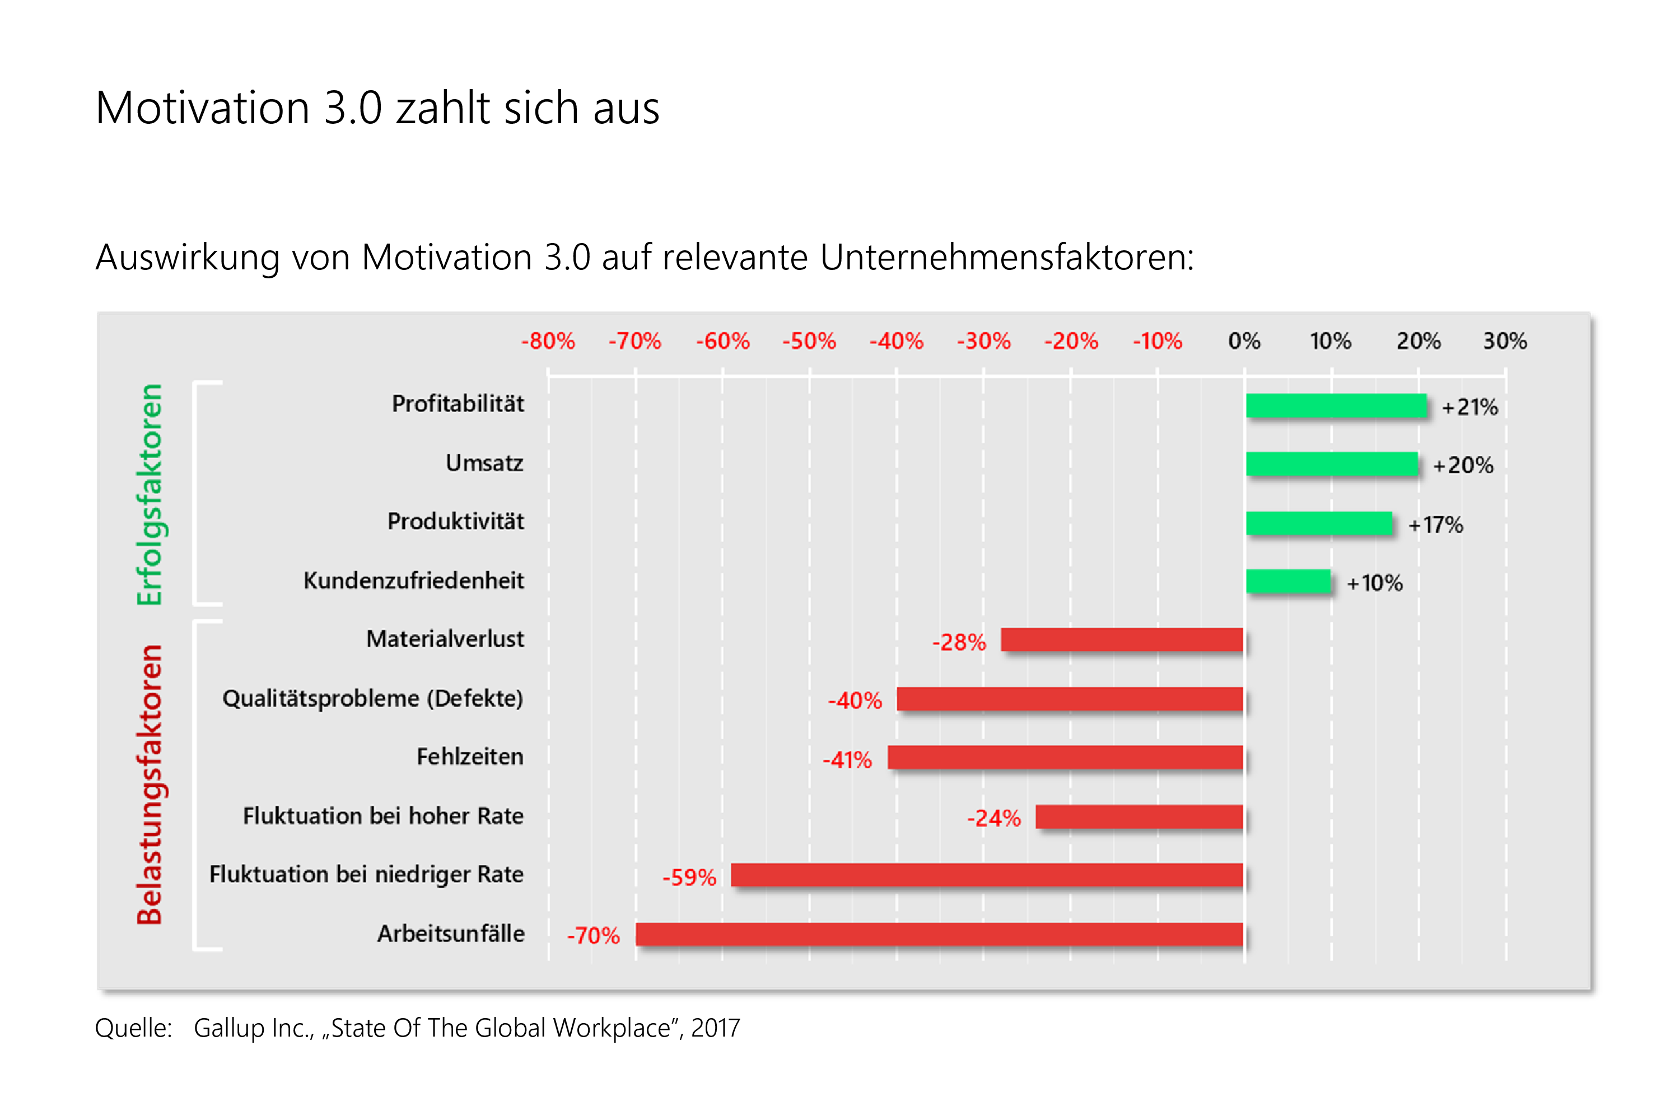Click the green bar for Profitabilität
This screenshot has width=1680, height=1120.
click(x=1336, y=405)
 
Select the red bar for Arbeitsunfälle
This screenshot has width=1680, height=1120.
click(x=939, y=934)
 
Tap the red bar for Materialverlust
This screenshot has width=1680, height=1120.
click(x=1122, y=640)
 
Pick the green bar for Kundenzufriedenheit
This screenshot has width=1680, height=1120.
click(x=1288, y=581)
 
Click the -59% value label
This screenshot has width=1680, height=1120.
click(x=689, y=877)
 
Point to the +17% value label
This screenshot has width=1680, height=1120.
click(x=1436, y=525)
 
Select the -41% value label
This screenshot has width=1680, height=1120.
click(x=847, y=759)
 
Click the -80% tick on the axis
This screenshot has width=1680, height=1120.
click(x=548, y=340)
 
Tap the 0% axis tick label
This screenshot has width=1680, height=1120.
click(x=1244, y=340)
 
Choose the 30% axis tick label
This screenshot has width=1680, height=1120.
click(x=1505, y=340)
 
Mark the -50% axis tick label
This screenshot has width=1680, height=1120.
click(x=809, y=340)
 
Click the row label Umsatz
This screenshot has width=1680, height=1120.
click(x=484, y=463)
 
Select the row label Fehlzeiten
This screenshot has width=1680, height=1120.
click(x=469, y=757)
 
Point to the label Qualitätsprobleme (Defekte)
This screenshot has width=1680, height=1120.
click(x=372, y=698)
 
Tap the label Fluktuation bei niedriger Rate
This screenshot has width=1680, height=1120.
click(x=366, y=874)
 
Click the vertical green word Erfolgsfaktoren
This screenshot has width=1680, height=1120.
click(x=150, y=494)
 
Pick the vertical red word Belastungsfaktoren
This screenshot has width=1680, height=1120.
click(x=150, y=785)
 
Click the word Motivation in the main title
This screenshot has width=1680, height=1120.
click(x=202, y=108)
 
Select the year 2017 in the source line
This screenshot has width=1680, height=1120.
click(x=715, y=1028)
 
